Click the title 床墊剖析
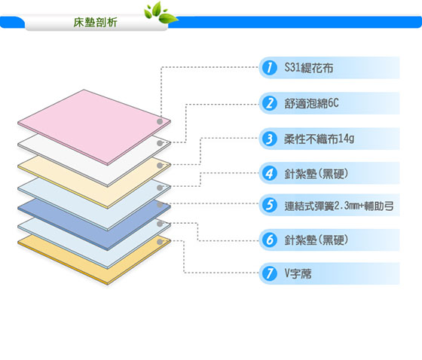click(x=95, y=23)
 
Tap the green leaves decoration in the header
click(x=161, y=13)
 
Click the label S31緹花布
click(x=309, y=68)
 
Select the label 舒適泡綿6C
click(x=311, y=103)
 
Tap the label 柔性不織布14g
click(x=320, y=139)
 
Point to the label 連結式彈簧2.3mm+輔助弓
click(x=339, y=206)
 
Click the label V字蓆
click(x=298, y=273)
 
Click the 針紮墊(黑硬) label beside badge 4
click(x=316, y=173)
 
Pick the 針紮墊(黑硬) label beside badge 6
click(x=316, y=240)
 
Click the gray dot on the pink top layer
click(x=160, y=121)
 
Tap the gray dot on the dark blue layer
click(x=160, y=205)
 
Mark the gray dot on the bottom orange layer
click(x=160, y=242)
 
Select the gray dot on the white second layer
click(x=160, y=143)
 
